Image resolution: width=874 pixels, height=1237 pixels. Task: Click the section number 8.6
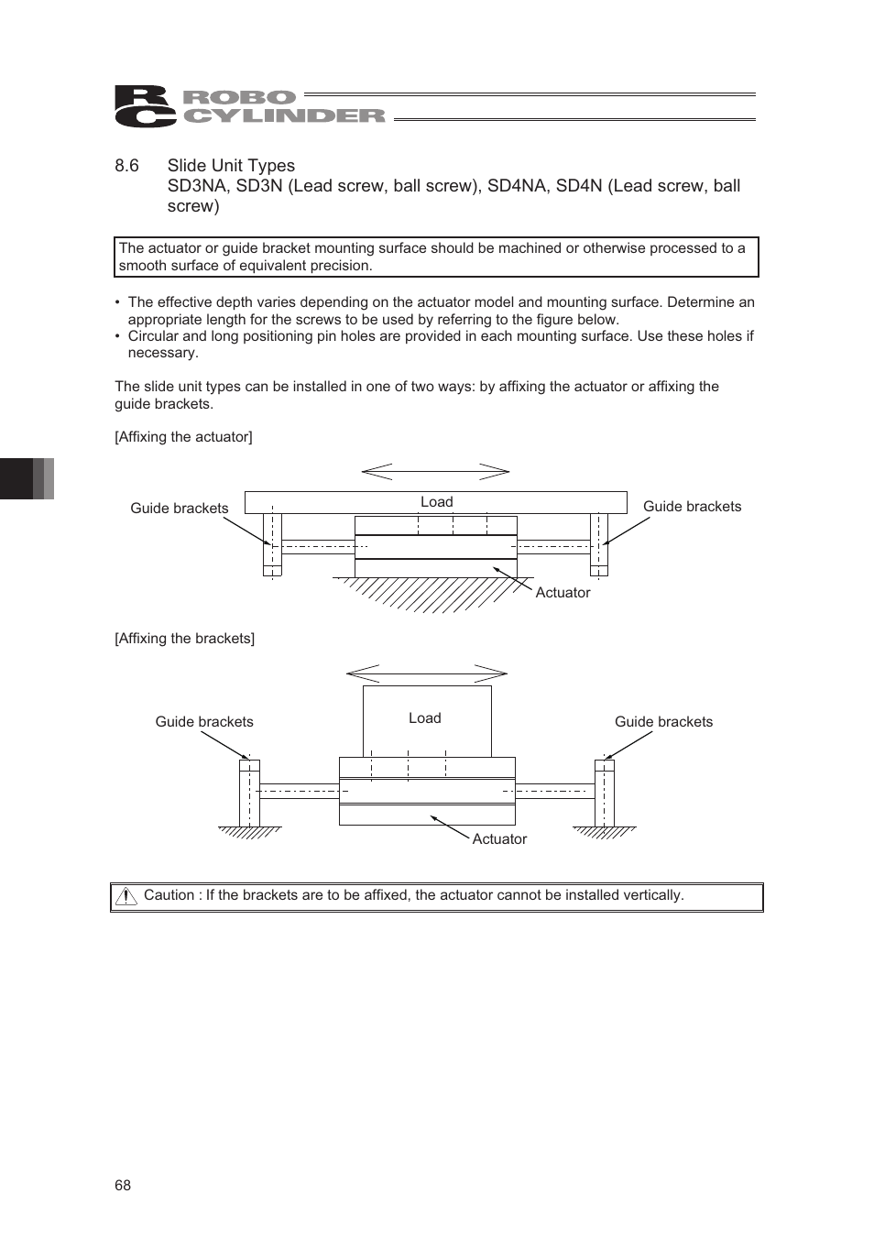tap(126, 166)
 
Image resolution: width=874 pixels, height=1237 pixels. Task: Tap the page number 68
tap(123, 1186)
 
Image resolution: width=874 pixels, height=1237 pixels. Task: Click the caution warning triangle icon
tap(126, 897)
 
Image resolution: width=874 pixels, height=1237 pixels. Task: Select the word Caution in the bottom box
tap(169, 895)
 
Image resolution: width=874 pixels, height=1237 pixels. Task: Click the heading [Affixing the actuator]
tap(183, 437)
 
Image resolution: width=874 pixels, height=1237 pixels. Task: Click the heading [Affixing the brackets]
tap(184, 639)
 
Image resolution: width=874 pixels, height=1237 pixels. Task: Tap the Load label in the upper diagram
tap(436, 502)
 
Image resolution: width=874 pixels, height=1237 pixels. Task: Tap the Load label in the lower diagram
tap(424, 718)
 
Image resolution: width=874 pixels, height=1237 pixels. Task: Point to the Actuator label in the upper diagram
tap(563, 593)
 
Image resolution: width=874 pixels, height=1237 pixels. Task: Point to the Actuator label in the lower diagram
tap(499, 839)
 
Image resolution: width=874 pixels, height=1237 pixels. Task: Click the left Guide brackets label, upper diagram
tap(179, 509)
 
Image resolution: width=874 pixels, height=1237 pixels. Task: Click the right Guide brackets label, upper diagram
tap(692, 507)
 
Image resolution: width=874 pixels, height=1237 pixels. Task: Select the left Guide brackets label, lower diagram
tap(203, 722)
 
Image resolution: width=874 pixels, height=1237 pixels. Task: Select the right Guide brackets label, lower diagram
tap(663, 722)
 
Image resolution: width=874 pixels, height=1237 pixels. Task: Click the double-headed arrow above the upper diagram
tap(435, 472)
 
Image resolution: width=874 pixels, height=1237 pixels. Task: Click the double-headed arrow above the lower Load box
tap(426, 673)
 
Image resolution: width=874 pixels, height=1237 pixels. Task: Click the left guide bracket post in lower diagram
tap(249, 793)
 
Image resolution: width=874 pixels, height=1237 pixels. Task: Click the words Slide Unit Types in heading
tap(231, 166)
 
